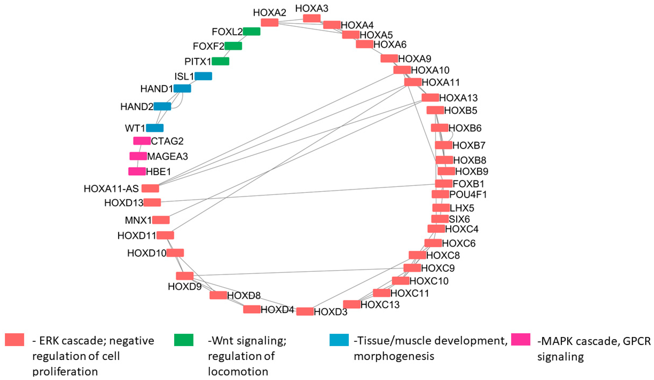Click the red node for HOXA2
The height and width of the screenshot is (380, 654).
(x=269, y=22)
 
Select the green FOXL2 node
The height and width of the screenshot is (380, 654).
(x=251, y=31)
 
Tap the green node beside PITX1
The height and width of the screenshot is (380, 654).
(x=220, y=61)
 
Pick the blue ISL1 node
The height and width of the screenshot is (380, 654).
(x=203, y=76)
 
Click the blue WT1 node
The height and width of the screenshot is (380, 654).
(x=155, y=128)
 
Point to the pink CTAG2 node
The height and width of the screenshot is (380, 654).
(x=142, y=141)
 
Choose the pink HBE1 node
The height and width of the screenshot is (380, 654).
(x=137, y=172)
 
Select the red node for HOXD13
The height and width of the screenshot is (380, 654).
(x=152, y=202)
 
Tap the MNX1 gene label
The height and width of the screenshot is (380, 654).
(x=138, y=220)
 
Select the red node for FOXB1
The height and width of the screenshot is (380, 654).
(x=444, y=184)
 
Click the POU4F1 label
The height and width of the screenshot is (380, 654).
(x=468, y=194)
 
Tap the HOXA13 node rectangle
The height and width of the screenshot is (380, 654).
(x=430, y=98)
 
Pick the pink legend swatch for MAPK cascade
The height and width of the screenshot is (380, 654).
(x=521, y=340)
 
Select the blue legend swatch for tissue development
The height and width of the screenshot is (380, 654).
(x=339, y=340)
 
